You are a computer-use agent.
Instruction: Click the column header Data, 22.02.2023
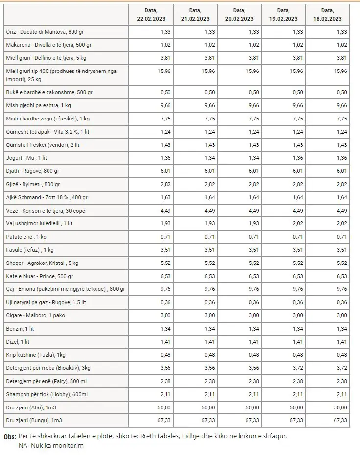coord(151,15)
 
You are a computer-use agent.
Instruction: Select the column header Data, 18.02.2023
coord(328,15)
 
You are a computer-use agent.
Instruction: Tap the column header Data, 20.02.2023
coord(240,15)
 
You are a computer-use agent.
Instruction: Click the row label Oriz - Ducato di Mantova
coord(45,32)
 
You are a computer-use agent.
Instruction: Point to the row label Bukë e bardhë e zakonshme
coord(49,92)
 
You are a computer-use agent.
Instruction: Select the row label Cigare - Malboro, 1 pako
coord(35,315)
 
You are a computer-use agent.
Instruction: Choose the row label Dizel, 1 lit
coord(18,342)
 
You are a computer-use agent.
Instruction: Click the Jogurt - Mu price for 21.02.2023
coord(210,158)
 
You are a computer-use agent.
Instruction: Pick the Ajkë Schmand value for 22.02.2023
coord(166,197)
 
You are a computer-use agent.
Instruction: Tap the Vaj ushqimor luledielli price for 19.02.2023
coord(298,223)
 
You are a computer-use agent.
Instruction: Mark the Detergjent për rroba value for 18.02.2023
coord(342,368)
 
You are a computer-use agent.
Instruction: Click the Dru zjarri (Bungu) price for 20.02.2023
coord(252,420)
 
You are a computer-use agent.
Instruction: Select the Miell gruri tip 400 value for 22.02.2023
coord(164,71)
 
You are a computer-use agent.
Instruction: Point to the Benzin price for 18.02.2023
coord(342,329)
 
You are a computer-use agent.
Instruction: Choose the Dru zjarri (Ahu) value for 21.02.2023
coord(208,407)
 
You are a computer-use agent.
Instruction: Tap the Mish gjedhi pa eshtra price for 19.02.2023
coord(298,105)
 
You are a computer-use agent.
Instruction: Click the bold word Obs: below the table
coord(10,437)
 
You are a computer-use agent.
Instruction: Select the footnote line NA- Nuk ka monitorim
coord(51,445)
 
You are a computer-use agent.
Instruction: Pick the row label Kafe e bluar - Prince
coord(40,276)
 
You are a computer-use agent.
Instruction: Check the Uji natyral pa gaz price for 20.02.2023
coord(254,302)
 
